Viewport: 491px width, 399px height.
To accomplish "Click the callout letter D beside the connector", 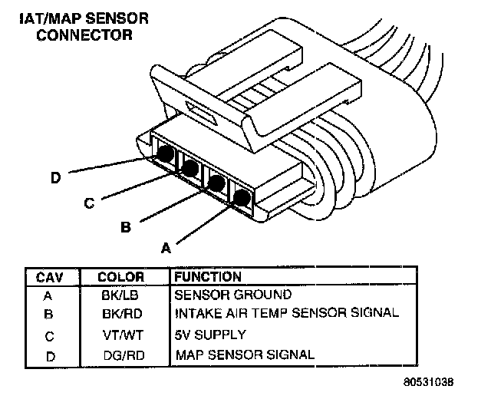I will [55, 178].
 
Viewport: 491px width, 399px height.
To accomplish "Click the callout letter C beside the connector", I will [89, 203].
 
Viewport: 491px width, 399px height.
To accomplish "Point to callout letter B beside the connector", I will [126, 227].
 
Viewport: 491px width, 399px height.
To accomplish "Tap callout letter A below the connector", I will [164, 247].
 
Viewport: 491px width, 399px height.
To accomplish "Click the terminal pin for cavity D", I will [164, 153].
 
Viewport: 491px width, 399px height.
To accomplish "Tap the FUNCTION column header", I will [208, 277].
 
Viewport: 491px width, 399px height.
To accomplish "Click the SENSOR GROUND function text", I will [233, 295].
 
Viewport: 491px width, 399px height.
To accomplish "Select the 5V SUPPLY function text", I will [210, 335].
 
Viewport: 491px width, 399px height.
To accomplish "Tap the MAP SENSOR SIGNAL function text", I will [245, 354].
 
